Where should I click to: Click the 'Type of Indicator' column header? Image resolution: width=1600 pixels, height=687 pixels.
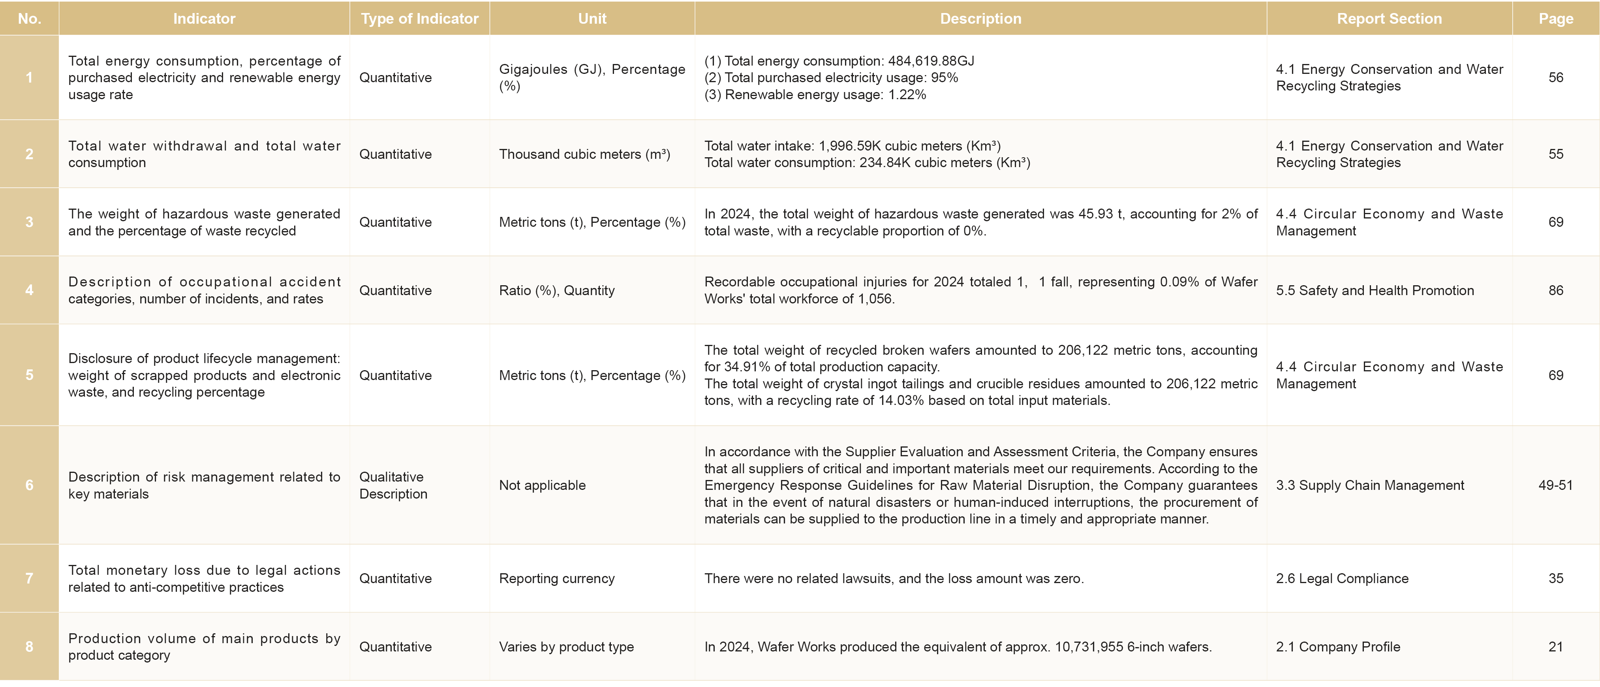click(x=419, y=19)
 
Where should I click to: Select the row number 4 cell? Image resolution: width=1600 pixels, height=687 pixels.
click(x=29, y=290)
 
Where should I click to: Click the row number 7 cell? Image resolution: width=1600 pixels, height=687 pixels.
click(x=29, y=578)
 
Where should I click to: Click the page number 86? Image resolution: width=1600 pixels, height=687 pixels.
click(x=1555, y=290)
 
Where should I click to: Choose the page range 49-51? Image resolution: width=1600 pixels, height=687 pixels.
click(x=1555, y=485)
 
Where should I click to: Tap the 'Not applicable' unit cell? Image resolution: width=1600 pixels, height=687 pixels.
click(x=542, y=485)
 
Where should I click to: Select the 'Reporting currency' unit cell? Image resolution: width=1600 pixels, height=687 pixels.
click(x=556, y=578)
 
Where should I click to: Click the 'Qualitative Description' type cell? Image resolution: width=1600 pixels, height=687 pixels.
click(x=393, y=485)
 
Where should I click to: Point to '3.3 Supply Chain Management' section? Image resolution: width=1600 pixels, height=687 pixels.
click(x=1369, y=485)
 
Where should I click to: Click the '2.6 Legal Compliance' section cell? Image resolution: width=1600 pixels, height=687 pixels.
click(x=1342, y=578)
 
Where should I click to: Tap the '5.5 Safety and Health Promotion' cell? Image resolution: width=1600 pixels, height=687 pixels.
click(x=1375, y=290)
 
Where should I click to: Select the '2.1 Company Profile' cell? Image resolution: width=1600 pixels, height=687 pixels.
click(x=1338, y=647)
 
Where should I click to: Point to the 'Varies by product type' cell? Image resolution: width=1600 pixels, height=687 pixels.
click(x=566, y=647)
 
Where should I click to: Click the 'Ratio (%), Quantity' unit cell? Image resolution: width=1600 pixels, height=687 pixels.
click(x=556, y=290)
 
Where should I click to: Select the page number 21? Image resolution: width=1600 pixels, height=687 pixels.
click(x=1555, y=647)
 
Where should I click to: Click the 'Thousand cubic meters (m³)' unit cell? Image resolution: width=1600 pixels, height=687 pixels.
click(x=584, y=154)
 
